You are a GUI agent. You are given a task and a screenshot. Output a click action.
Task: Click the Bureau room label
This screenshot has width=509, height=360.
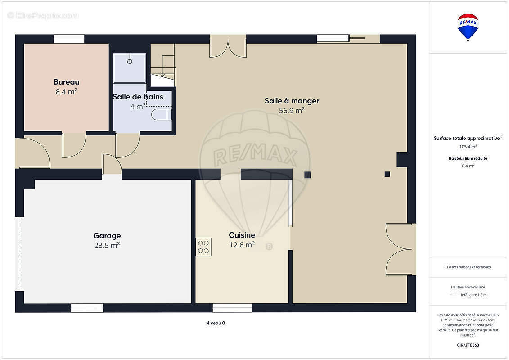(67, 82)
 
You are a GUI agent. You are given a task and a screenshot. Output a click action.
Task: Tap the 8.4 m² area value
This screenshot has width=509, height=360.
(66, 92)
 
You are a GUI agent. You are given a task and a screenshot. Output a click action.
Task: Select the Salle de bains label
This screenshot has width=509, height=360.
(138, 97)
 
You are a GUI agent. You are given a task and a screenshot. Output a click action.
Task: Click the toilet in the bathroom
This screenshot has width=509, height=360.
(161, 115)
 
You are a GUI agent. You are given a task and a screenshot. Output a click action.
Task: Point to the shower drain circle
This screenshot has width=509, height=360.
(130, 61)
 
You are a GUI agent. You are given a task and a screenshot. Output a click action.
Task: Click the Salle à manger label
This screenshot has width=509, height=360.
(292, 101)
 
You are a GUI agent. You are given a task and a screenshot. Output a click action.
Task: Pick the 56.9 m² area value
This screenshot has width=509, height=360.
(292, 111)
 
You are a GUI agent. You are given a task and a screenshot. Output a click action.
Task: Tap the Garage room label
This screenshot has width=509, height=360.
(107, 236)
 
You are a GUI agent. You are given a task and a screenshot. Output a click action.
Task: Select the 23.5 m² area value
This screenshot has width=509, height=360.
(107, 245)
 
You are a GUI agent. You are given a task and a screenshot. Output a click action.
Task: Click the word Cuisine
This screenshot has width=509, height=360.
(242, 235)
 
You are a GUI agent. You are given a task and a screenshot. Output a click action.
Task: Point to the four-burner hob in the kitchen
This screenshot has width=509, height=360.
(203, 247)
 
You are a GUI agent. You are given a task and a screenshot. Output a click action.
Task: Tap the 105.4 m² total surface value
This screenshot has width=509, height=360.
(468, 147)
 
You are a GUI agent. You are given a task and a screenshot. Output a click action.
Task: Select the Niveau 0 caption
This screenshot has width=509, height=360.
(216, 323)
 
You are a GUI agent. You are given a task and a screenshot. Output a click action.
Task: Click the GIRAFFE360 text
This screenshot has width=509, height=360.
(468, 345)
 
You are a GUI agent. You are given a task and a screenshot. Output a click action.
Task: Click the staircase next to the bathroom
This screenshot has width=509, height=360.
(162, 65)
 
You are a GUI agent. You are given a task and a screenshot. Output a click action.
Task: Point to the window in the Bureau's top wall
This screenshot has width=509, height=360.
(69, 39)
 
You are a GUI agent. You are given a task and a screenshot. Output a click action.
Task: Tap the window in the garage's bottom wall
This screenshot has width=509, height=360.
(87, 308)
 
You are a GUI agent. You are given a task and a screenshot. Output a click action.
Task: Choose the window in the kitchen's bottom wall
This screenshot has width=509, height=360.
(232, 308)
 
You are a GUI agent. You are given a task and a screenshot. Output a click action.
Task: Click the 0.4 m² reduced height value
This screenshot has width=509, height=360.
(468, 166)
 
